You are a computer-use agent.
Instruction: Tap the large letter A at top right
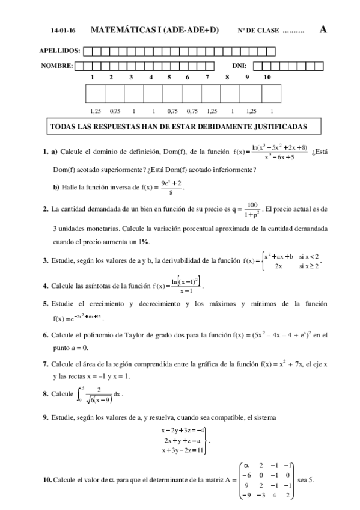tap(323, 29)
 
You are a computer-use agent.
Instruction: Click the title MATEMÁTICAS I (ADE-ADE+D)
tap(154, 29)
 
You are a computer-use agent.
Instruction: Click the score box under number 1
tap(96, 94)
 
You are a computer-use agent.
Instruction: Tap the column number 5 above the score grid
tap(169, 77)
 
